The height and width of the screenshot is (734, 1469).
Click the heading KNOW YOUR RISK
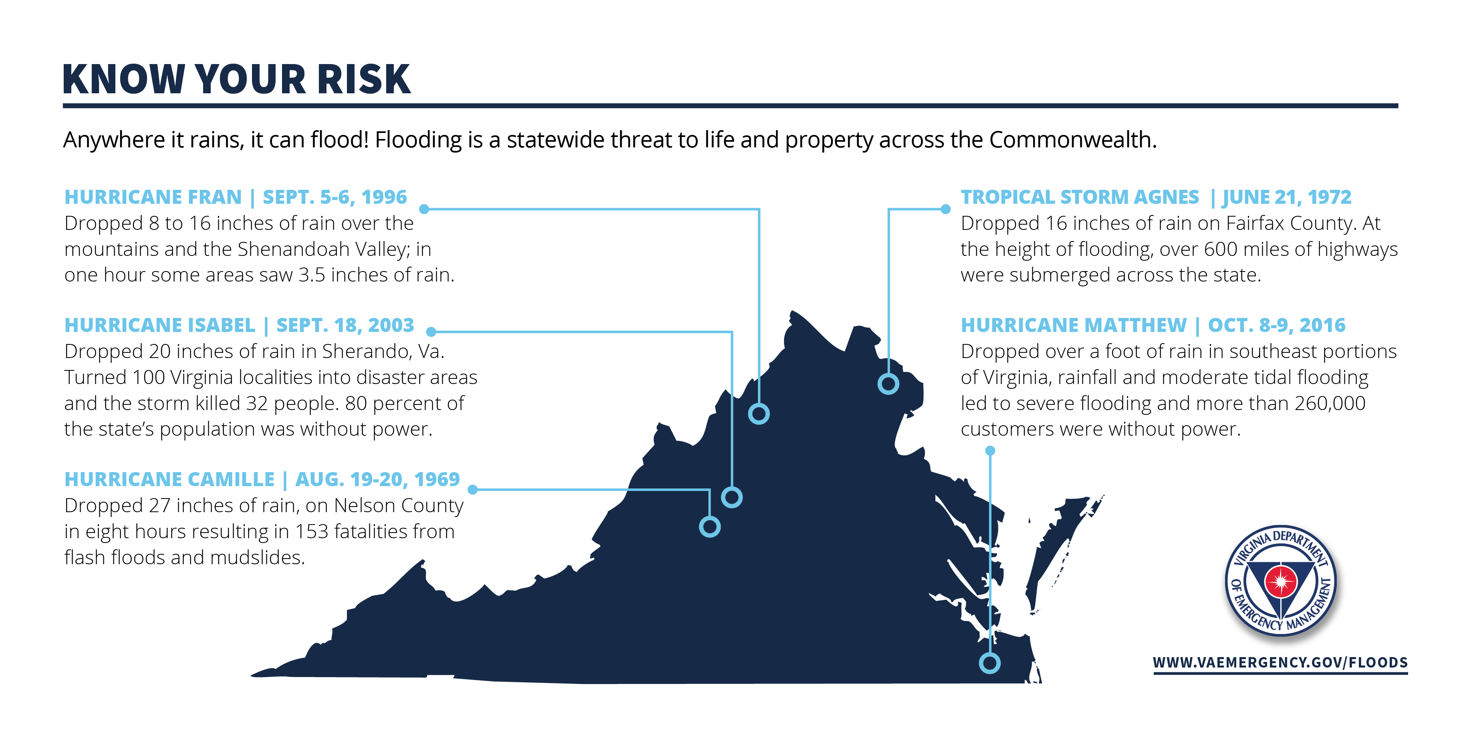coord(236,79)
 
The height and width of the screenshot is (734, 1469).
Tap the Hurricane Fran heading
coord(236,197)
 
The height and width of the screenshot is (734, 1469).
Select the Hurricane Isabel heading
coord(239,326)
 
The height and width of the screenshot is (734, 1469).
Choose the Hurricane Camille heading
coord(262,480)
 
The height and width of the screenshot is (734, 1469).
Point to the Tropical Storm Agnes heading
coord(1155,197)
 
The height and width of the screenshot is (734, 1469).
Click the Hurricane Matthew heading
coord(1153,326)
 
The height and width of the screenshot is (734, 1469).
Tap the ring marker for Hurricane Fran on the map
coord(758,414)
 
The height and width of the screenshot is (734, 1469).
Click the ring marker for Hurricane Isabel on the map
coord(731,497)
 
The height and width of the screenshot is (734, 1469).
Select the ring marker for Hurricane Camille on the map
coord(709,527)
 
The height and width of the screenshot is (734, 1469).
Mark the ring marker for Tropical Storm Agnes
coord(888,384)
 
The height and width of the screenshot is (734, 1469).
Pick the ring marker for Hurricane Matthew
coord(989,663)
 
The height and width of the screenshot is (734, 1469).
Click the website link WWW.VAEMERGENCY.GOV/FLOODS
coord(1280,663)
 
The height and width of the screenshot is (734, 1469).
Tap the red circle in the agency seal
coord(1281,582)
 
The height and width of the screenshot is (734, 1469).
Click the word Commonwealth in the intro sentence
coord(1072,140)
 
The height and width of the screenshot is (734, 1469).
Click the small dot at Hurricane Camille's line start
coord(472,489)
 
